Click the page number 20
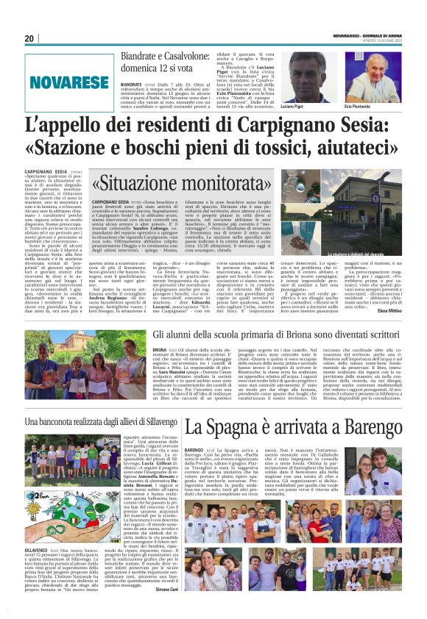point(29,38)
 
